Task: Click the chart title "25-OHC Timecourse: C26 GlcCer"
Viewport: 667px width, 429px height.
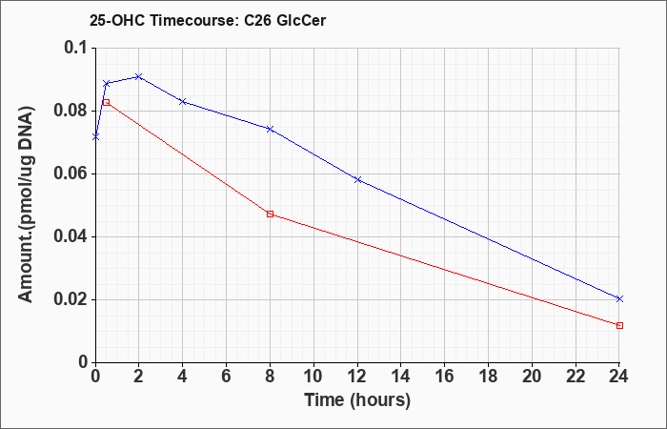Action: (x=208, y=20)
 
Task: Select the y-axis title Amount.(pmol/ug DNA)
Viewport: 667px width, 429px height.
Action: (x=26, y=204)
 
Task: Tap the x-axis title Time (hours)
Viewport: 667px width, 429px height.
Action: (x=357, y=400)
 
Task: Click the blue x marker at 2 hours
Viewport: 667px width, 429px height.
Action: (x=138, y=76)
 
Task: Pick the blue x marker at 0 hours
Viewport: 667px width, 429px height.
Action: (x=95, y=136)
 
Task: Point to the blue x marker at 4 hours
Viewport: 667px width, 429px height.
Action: (x=183, y=101)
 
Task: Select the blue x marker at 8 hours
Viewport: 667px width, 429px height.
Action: (x=270, y=129)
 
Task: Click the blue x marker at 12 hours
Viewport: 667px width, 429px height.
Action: (x=357, y=179)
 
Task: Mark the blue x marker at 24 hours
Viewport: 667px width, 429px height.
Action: (x=619, y=298)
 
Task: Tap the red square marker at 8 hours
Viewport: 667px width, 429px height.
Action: (x=270, y=214)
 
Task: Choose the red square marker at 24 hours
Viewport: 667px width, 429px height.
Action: (x=619, y=326)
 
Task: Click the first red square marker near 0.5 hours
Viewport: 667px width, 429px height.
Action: (x=107, y=102)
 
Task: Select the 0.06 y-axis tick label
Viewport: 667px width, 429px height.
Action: (x=71, y=174)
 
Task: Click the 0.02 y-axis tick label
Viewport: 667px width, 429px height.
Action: (x=71, y=300)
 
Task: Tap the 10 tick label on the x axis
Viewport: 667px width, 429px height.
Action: (x=313, y=377)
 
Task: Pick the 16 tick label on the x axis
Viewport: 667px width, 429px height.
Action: (x=445, y=377)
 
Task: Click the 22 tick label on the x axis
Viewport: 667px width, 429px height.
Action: (x=576, y=377)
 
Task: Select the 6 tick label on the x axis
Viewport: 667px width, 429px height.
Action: (x=227, y=377)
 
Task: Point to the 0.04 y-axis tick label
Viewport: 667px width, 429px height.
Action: (x=71, y=237)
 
